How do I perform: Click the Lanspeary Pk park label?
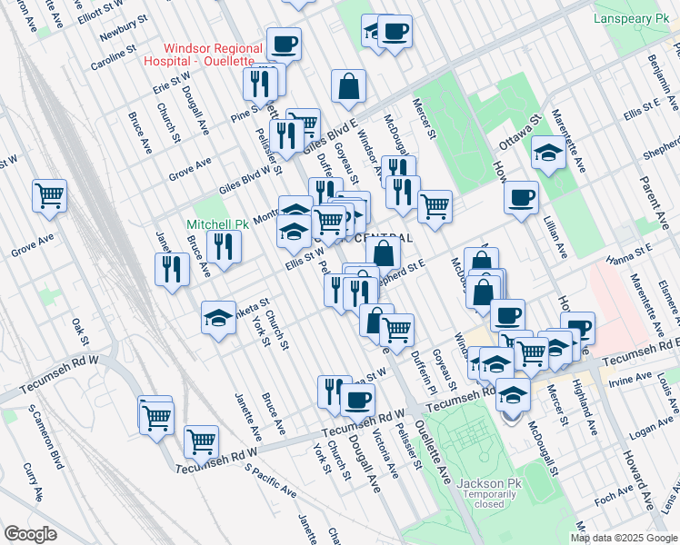click(x=630, y=18)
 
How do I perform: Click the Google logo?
click(x=30, y=533)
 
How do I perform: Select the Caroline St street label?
click(x=114, y=58)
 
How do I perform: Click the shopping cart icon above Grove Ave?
click(x=50, y=194)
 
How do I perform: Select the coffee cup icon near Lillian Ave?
click(x=521, y=197)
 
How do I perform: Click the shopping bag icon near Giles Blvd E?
click(x=348, y=87)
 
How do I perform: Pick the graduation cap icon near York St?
click(x=218, y=318)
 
